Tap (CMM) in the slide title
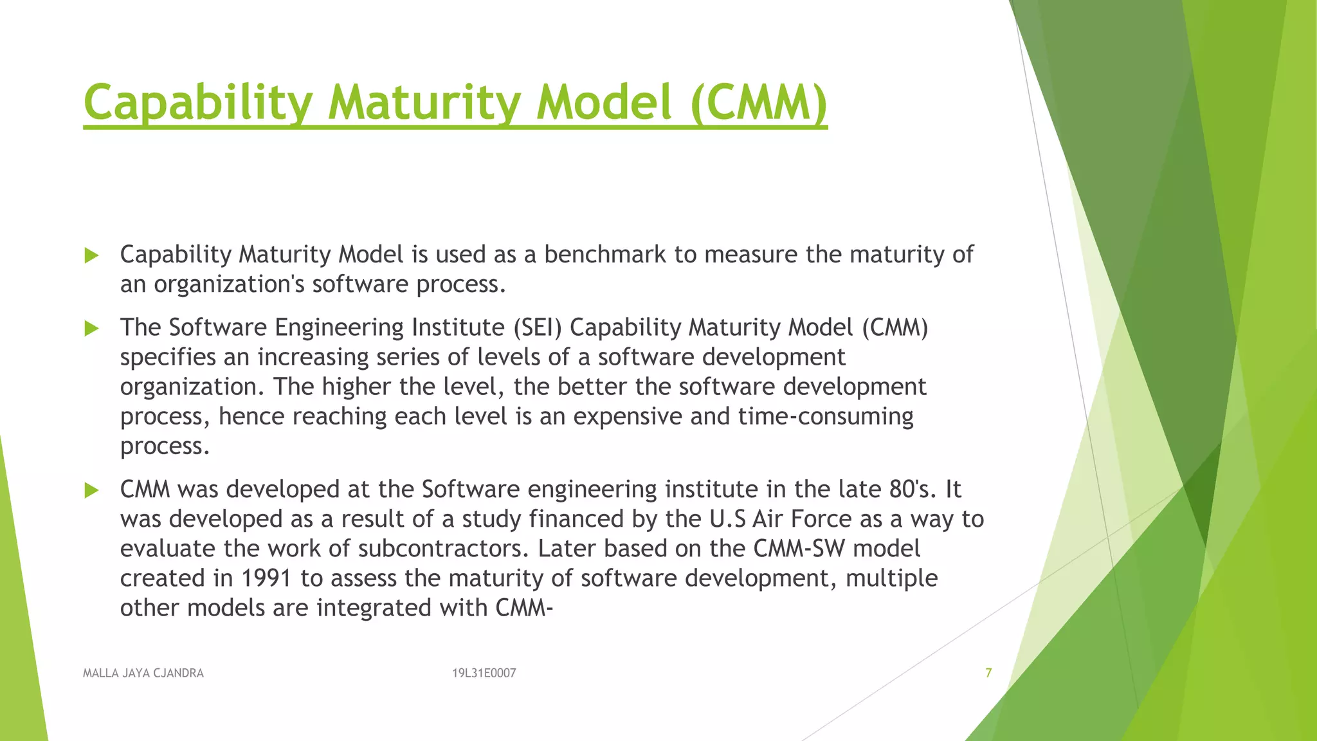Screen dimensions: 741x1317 [759, 103]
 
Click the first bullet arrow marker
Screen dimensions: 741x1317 [92, 256]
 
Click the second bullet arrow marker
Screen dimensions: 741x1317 [92, 329]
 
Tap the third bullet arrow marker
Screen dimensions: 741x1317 [92, 491]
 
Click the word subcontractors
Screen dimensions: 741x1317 [444, 549]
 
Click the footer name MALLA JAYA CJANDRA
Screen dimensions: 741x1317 [143, 673]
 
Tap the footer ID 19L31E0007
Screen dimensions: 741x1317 [484, 673]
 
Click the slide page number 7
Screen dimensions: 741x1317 [988, 673]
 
